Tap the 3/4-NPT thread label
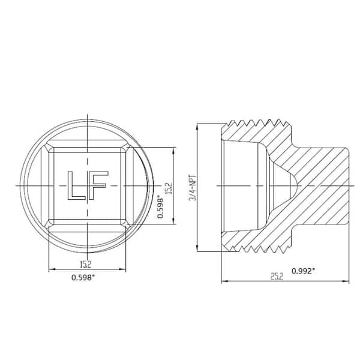tap(193, 185)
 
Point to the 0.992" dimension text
tap(304, 271)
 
